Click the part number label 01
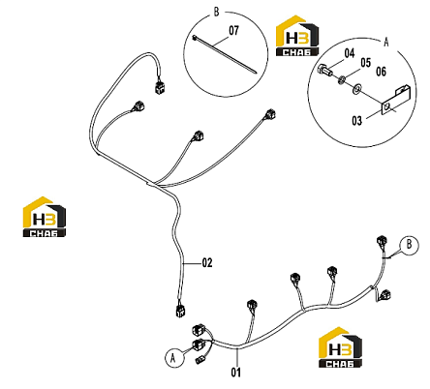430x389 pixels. tap(236, 373)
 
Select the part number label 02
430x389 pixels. tap(207, 263)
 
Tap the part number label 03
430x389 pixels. tap(356, 121)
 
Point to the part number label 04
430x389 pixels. tap(350, 53)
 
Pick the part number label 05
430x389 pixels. tap(365, 63)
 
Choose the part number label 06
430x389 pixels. tap(381, 72)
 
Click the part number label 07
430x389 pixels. tap(234, 31)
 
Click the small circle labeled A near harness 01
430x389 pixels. tap(174, 358)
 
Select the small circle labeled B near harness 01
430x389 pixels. tap(409, 245)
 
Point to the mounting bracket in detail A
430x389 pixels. tap(395, 100)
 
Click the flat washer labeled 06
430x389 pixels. tap(356, 89)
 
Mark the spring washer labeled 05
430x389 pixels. tap(342, 79)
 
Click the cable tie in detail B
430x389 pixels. tap(225, 54)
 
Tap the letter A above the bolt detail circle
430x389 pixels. tap(386, 42)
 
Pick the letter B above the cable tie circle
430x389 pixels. tap(216, 12)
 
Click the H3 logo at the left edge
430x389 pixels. tap(45, 217)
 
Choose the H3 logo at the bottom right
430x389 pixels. tap(340, 347)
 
